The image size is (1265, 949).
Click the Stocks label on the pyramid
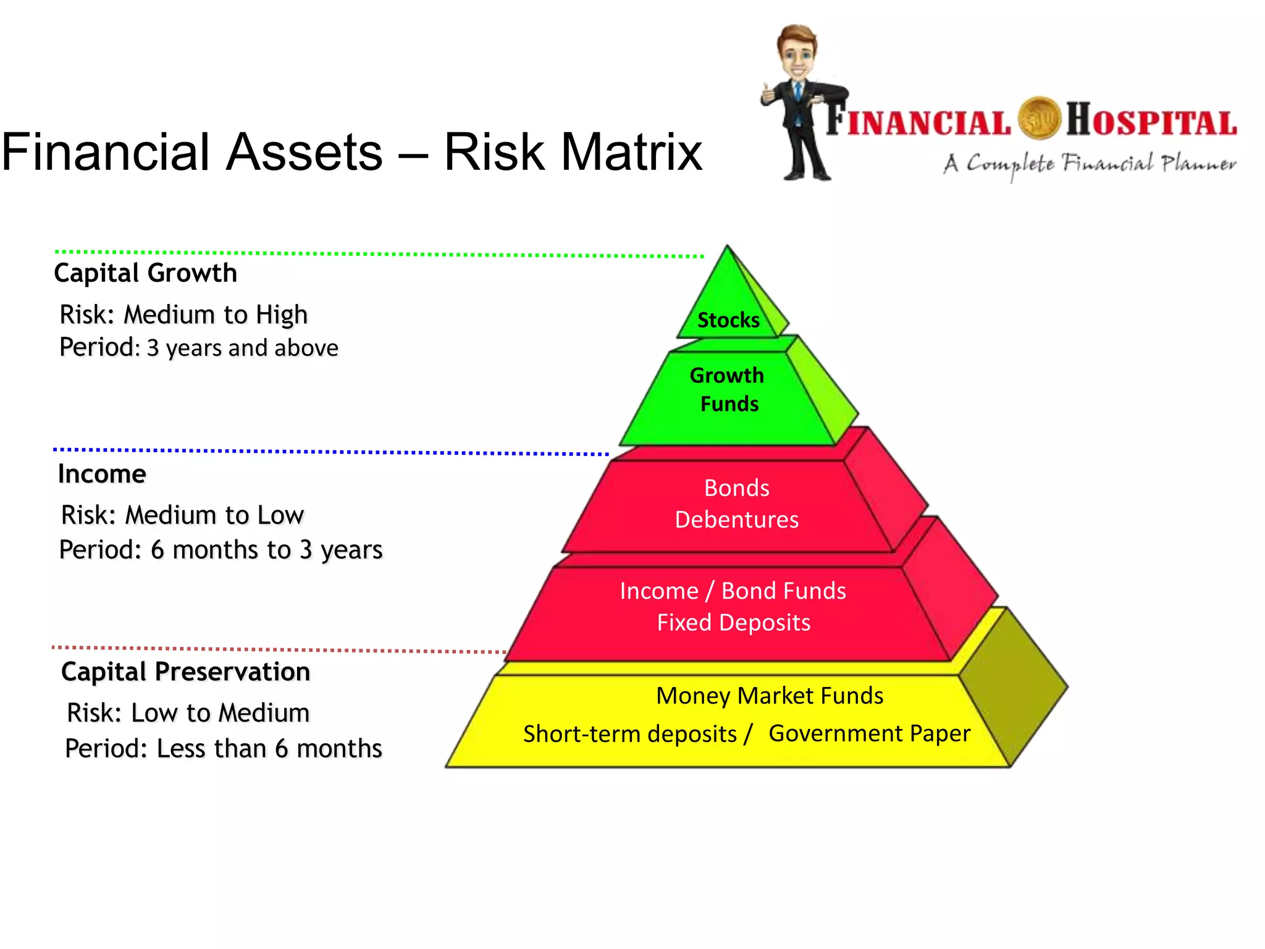point(728,320)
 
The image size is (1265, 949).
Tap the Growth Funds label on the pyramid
point(728,389)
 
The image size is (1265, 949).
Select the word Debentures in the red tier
point(736,520)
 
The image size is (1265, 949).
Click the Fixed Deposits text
point(733,622)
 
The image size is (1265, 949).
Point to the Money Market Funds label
point(769,696)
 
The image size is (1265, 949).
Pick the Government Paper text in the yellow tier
point(869,733)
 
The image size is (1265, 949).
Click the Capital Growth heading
point(145,273)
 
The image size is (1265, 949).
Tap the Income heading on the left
point(102,474)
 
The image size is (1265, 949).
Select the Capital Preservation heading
point(185,672)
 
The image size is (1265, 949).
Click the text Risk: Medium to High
point(183,314)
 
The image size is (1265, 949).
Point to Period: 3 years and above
point(199,348)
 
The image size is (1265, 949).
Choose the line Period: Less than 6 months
point(224,748)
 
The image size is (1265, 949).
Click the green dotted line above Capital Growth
point(371,253)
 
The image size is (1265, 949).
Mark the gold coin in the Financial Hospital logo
point(1039,118)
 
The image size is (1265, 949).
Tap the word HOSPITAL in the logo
point(1151,120)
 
